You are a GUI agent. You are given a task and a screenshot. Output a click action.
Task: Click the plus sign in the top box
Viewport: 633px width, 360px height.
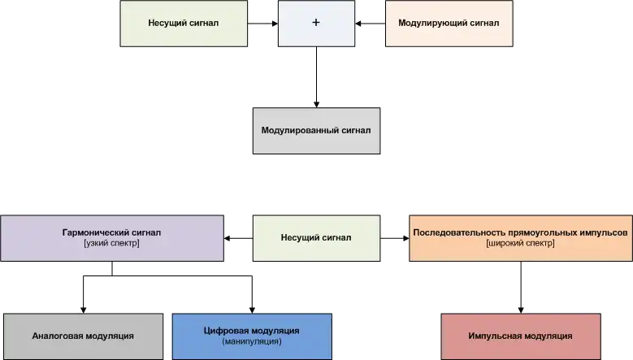[315, 24]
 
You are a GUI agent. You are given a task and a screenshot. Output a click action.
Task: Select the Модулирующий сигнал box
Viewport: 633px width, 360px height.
[449, 24]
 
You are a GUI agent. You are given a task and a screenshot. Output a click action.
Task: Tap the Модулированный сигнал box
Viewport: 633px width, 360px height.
[315, 130]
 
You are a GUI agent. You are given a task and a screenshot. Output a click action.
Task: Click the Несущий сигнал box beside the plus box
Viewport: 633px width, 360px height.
[184, 24]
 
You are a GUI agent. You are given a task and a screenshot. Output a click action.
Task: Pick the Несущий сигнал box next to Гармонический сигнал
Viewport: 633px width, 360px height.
[315, 238]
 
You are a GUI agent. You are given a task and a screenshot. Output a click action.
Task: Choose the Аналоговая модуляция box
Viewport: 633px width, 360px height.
[83, 336]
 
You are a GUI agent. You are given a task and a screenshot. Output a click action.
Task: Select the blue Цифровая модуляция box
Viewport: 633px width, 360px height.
[252, 336]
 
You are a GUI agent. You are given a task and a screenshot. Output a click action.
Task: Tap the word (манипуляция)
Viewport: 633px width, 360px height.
[252, 342]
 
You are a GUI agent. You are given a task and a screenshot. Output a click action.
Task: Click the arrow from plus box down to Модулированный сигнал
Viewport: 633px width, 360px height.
[315, 76]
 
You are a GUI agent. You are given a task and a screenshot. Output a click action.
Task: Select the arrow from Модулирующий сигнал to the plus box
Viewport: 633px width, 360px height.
[370, 24]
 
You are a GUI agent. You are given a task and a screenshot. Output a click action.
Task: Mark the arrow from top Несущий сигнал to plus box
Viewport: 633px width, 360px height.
[262, 24]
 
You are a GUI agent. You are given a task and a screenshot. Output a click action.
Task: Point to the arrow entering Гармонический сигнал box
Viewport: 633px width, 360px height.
[237, 238]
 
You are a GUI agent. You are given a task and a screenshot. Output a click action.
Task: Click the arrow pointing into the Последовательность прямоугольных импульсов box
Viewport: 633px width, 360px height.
[395, 238]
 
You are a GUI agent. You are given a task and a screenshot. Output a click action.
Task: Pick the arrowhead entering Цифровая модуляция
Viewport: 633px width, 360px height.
[252, 308]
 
